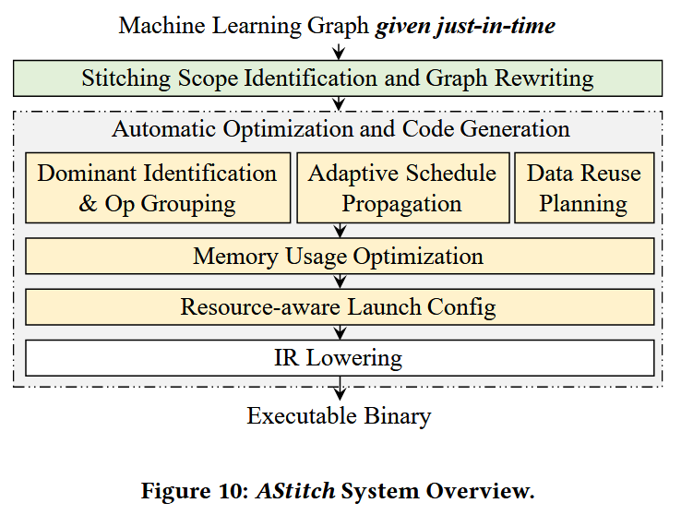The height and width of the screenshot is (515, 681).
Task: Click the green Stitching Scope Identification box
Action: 338,78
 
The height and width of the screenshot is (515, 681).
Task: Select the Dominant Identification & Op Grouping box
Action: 157,188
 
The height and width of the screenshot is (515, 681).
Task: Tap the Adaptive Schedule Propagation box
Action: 402,188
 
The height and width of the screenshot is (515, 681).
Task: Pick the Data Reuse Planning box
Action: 583,188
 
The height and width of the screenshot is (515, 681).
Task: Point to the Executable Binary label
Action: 339,416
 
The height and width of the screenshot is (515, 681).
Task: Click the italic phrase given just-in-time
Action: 465,25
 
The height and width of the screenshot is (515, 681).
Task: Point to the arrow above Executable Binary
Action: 340,388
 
